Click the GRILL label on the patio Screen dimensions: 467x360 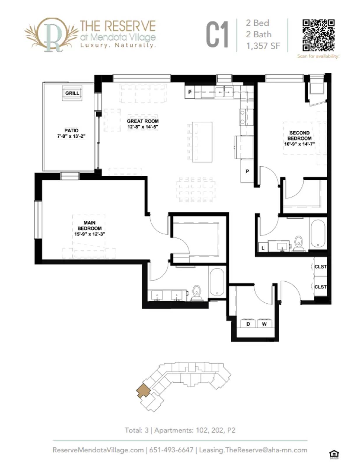(x=72, y=93)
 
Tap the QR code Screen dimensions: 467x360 (x=318, y=35)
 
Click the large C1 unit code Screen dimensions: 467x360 (x=217, y=35)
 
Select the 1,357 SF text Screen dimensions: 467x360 (x=263, y=46)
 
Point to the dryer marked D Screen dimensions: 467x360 (x=248, y=324)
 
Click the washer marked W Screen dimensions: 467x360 (x=264, y=324)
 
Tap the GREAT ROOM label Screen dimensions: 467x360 (x=143, y=124)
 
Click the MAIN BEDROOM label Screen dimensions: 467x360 (x=89, y=228)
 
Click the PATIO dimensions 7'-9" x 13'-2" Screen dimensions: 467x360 (x=71, y=136)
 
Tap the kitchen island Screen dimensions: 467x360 (x=202, y=142)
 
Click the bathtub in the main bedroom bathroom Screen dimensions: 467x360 (x=217, y=282)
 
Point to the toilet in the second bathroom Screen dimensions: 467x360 (x=298, y=243)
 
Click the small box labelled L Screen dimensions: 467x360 (x=263, y=248)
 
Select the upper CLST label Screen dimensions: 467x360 (x=320, y=266)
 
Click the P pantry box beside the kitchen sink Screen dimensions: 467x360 (x=190, y=92)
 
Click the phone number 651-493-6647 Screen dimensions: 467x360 (x=171, y=450)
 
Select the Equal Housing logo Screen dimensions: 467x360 (x=334, y=454)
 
